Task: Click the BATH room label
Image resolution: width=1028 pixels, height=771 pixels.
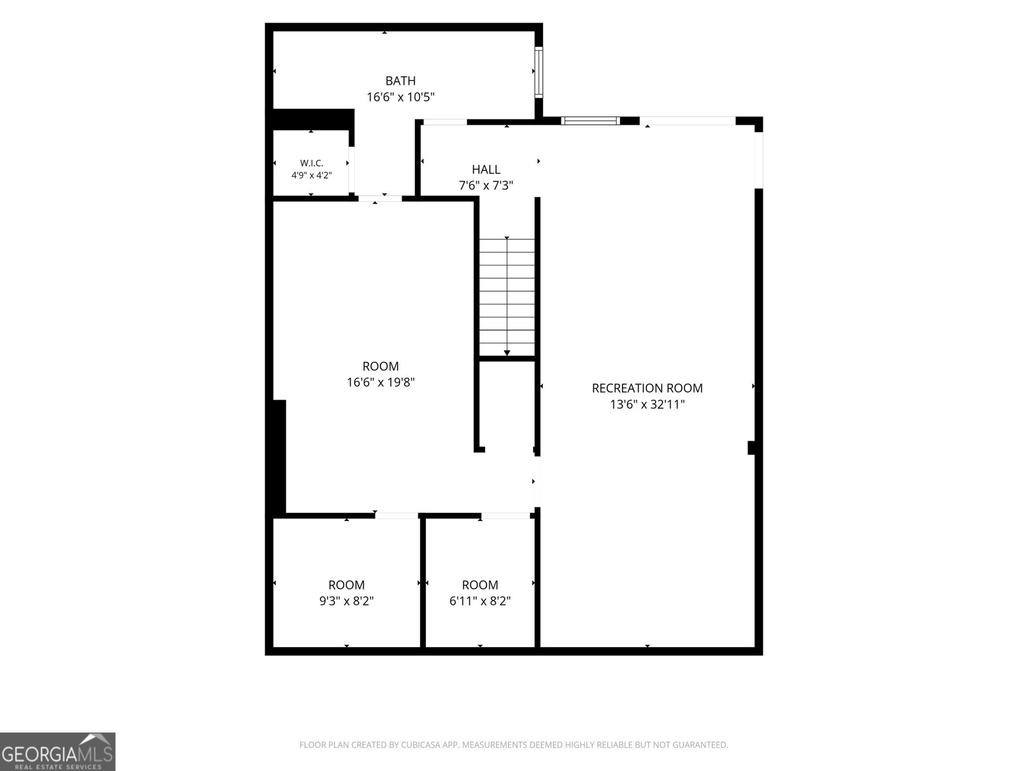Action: (x=400, y=81)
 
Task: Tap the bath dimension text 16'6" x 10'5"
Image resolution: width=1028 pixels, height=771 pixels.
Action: (x=400, y=97)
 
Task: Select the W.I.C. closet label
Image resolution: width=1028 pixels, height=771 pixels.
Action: (x=312, y=163)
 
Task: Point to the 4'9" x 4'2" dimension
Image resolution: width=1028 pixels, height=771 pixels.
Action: (x=312, y=175)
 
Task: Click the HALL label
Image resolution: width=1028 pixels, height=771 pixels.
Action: (x=486, y=170)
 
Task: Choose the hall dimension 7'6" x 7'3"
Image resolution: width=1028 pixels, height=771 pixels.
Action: (x=486, y=186)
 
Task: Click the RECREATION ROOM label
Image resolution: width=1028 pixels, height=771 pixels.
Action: (x=647, y=388)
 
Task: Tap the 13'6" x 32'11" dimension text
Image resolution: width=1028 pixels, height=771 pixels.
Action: (x=647, y=404)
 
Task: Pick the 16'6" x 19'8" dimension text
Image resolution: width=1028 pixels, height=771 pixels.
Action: (x=380, y=382)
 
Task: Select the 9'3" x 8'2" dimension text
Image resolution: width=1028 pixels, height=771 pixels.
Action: (x=346, y=601)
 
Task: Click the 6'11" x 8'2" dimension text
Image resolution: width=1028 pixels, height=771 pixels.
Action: (x=480, y=601)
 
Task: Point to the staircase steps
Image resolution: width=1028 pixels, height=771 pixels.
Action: (x=507, y=297)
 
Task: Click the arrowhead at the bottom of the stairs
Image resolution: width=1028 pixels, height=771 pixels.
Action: (x=507, y=353)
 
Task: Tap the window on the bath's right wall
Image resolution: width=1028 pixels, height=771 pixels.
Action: (x=539, y=72)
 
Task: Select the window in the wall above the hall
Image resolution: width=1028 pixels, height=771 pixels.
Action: (x=590, y=121)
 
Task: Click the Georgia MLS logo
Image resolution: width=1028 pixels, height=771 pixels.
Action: (x=58, y=752)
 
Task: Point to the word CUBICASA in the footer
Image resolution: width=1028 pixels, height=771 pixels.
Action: (x=421, y=745)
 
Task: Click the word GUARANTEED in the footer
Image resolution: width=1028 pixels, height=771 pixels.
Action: (x=699, y=745)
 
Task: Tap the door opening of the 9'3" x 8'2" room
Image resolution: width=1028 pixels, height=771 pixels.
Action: (x=396, y=515)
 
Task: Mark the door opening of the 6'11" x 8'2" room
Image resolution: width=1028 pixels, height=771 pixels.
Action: (x=506, y=515)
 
